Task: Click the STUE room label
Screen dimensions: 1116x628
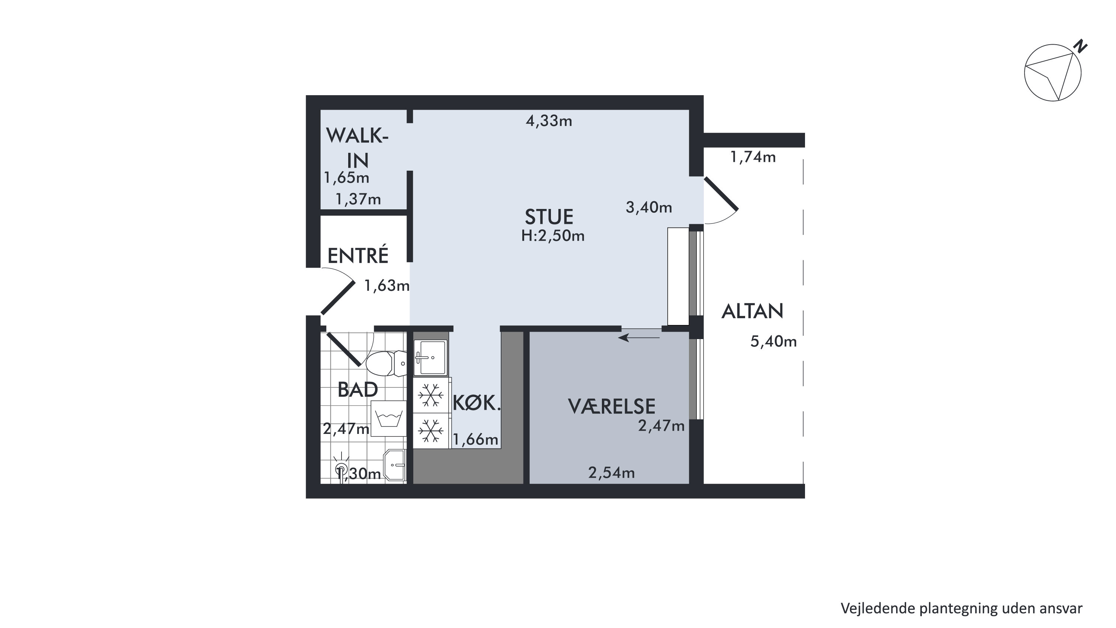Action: click(549, 216)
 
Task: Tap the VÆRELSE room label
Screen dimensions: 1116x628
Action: click(611, 406)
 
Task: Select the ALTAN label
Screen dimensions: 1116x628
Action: click(753, 311)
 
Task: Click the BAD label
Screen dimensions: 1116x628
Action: click(358, 389)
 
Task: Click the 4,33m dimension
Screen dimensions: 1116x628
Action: click(549, 121)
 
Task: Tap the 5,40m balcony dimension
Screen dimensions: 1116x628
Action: click(773, 341)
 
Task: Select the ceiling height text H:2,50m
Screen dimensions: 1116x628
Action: click(553, 236)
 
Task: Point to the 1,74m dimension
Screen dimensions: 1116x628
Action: click(753, 157)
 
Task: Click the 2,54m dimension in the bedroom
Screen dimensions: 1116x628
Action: click(611, 472)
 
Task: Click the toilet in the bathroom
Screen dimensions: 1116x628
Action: click(387, 363)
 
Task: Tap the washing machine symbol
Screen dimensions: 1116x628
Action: click(389, 418)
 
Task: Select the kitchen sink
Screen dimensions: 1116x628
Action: click(430, 357)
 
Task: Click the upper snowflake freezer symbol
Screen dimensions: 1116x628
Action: click(430, 395)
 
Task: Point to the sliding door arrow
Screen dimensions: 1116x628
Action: click(639, 337)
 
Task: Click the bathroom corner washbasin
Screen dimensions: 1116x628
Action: click(394, 465)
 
